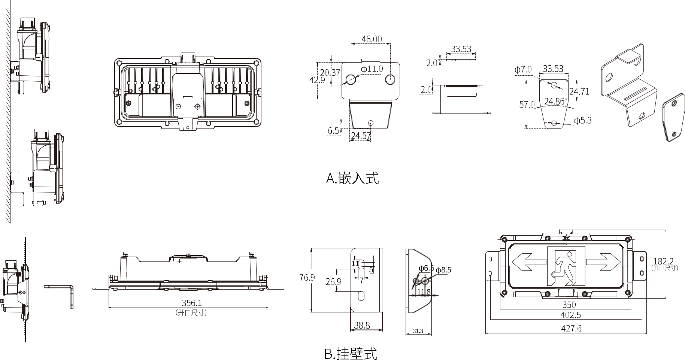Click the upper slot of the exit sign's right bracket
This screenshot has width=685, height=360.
(x=641, y=258)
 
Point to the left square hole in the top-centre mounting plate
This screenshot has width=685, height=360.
(x=351, y=80)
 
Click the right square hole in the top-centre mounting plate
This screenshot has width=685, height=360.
(x=390, y=80)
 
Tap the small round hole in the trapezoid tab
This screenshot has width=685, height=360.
(x=371, y=122)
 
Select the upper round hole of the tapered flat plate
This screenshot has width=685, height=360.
(x=554, y=85)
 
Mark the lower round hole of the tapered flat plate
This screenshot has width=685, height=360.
(x=554, y=122)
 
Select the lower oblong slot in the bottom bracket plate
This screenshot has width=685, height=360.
(x=361, y=296)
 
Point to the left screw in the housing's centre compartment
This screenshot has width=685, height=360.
(x=179, y=107)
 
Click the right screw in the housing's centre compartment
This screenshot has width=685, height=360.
(x=197, y=107)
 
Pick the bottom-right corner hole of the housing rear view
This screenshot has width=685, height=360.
(x=257, y=122)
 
